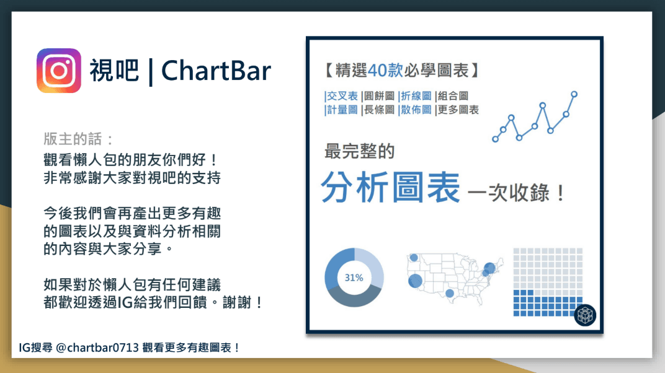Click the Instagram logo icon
59,71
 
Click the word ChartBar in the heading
216,71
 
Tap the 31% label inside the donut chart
354,278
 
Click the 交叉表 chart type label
341,96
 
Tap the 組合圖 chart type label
452,96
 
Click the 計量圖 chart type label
341,110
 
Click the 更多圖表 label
458,110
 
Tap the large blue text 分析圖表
391,186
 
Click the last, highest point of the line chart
574,94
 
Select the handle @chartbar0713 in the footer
92,348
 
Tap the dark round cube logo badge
584,315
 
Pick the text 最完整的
359,151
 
